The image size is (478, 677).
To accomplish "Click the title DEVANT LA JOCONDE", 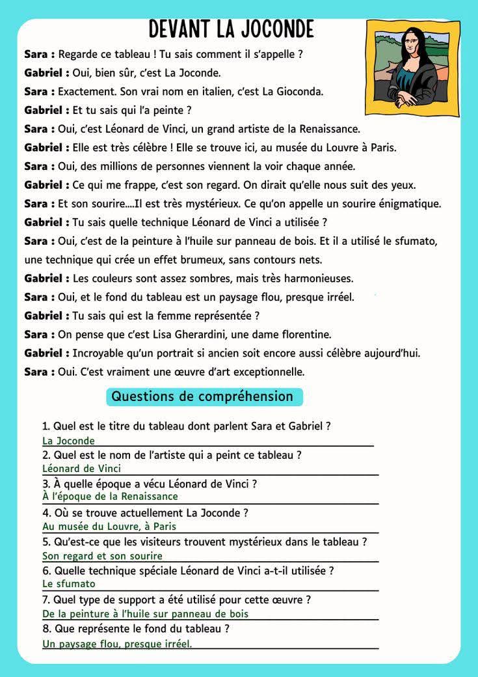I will [231, 29].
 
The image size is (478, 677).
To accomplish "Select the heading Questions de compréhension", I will [202, 396].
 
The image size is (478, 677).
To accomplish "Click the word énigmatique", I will [407, 204].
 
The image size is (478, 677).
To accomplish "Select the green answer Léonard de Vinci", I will [81, 469].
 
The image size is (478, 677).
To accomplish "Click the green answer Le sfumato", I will [69, 584].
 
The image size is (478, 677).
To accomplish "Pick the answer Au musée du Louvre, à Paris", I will [109, 527].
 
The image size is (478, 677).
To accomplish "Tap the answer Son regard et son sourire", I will [102, 556].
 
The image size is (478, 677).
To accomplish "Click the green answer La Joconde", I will [68, 441].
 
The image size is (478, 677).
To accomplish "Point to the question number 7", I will [46, 600].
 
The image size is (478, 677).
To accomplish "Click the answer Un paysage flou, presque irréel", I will [117, 644].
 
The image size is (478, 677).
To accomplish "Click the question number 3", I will [46, 484].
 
